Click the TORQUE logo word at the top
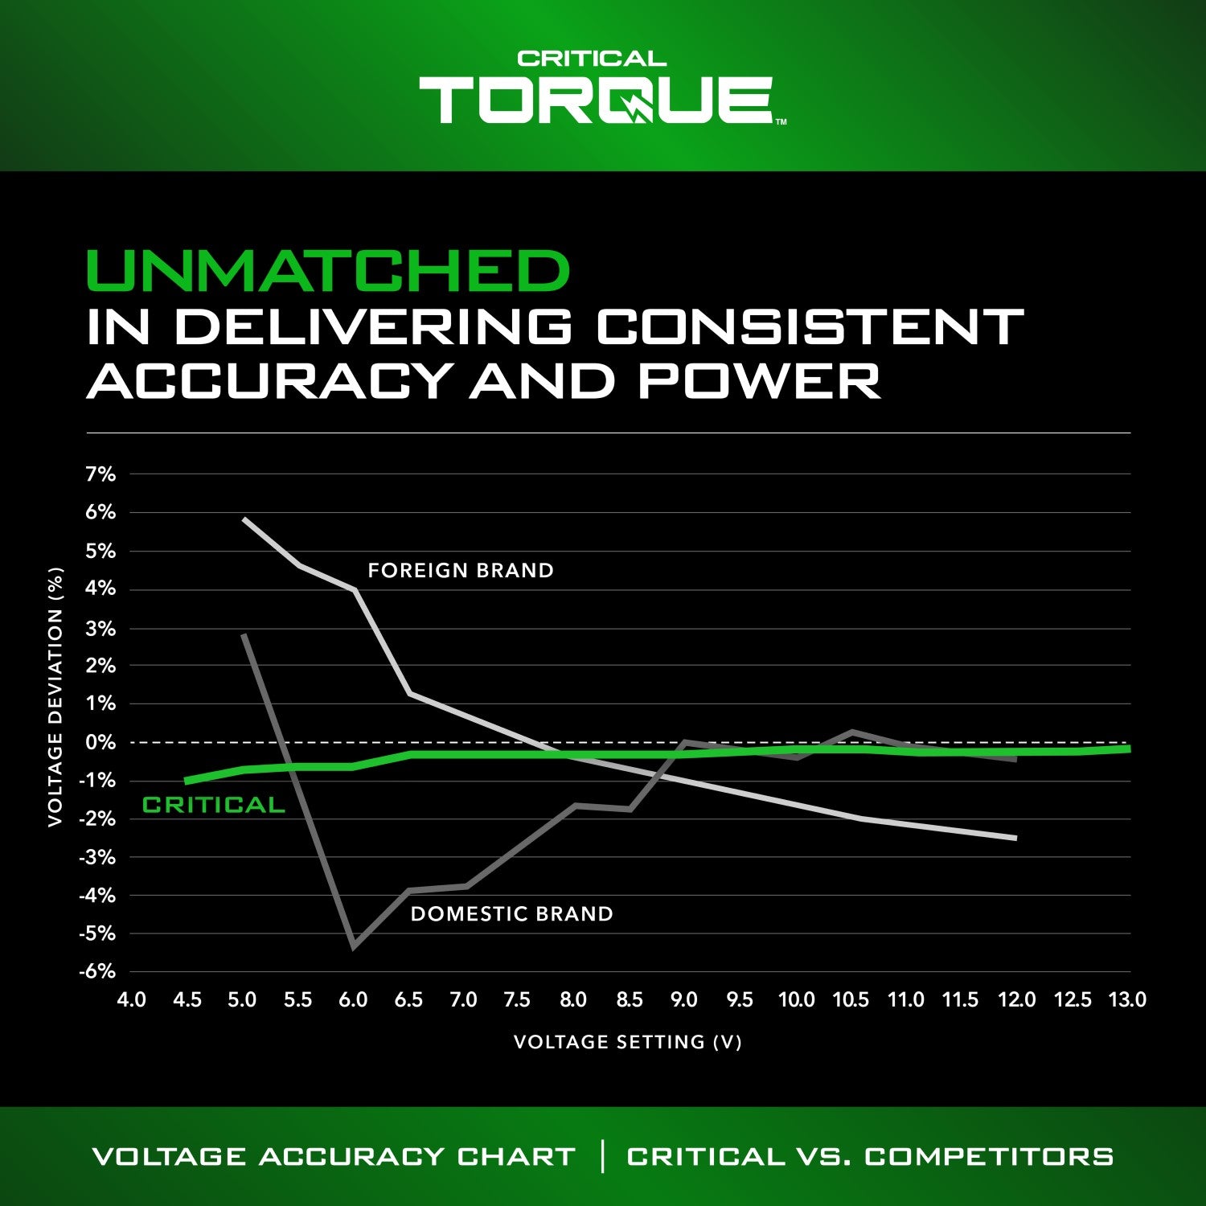[596, 100]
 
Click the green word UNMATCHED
[327, 271]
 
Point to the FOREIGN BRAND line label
[461, 571]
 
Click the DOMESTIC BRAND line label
[511, 914]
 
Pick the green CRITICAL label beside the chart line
[213, 806]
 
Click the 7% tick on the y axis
[100, 475]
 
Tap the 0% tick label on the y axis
[100, 742]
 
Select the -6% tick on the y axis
[97, 971]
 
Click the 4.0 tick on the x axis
[132, 1000]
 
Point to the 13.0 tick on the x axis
[1127, 1000]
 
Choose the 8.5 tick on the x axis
[630, 1000]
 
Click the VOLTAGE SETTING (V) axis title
[627, 1042]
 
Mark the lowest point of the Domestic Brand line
[354, 946]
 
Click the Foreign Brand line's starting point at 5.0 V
[244, 519]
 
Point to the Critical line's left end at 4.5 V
[187, 781]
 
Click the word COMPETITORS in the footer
[989, 1156]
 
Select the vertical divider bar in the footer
[602, 1156]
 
